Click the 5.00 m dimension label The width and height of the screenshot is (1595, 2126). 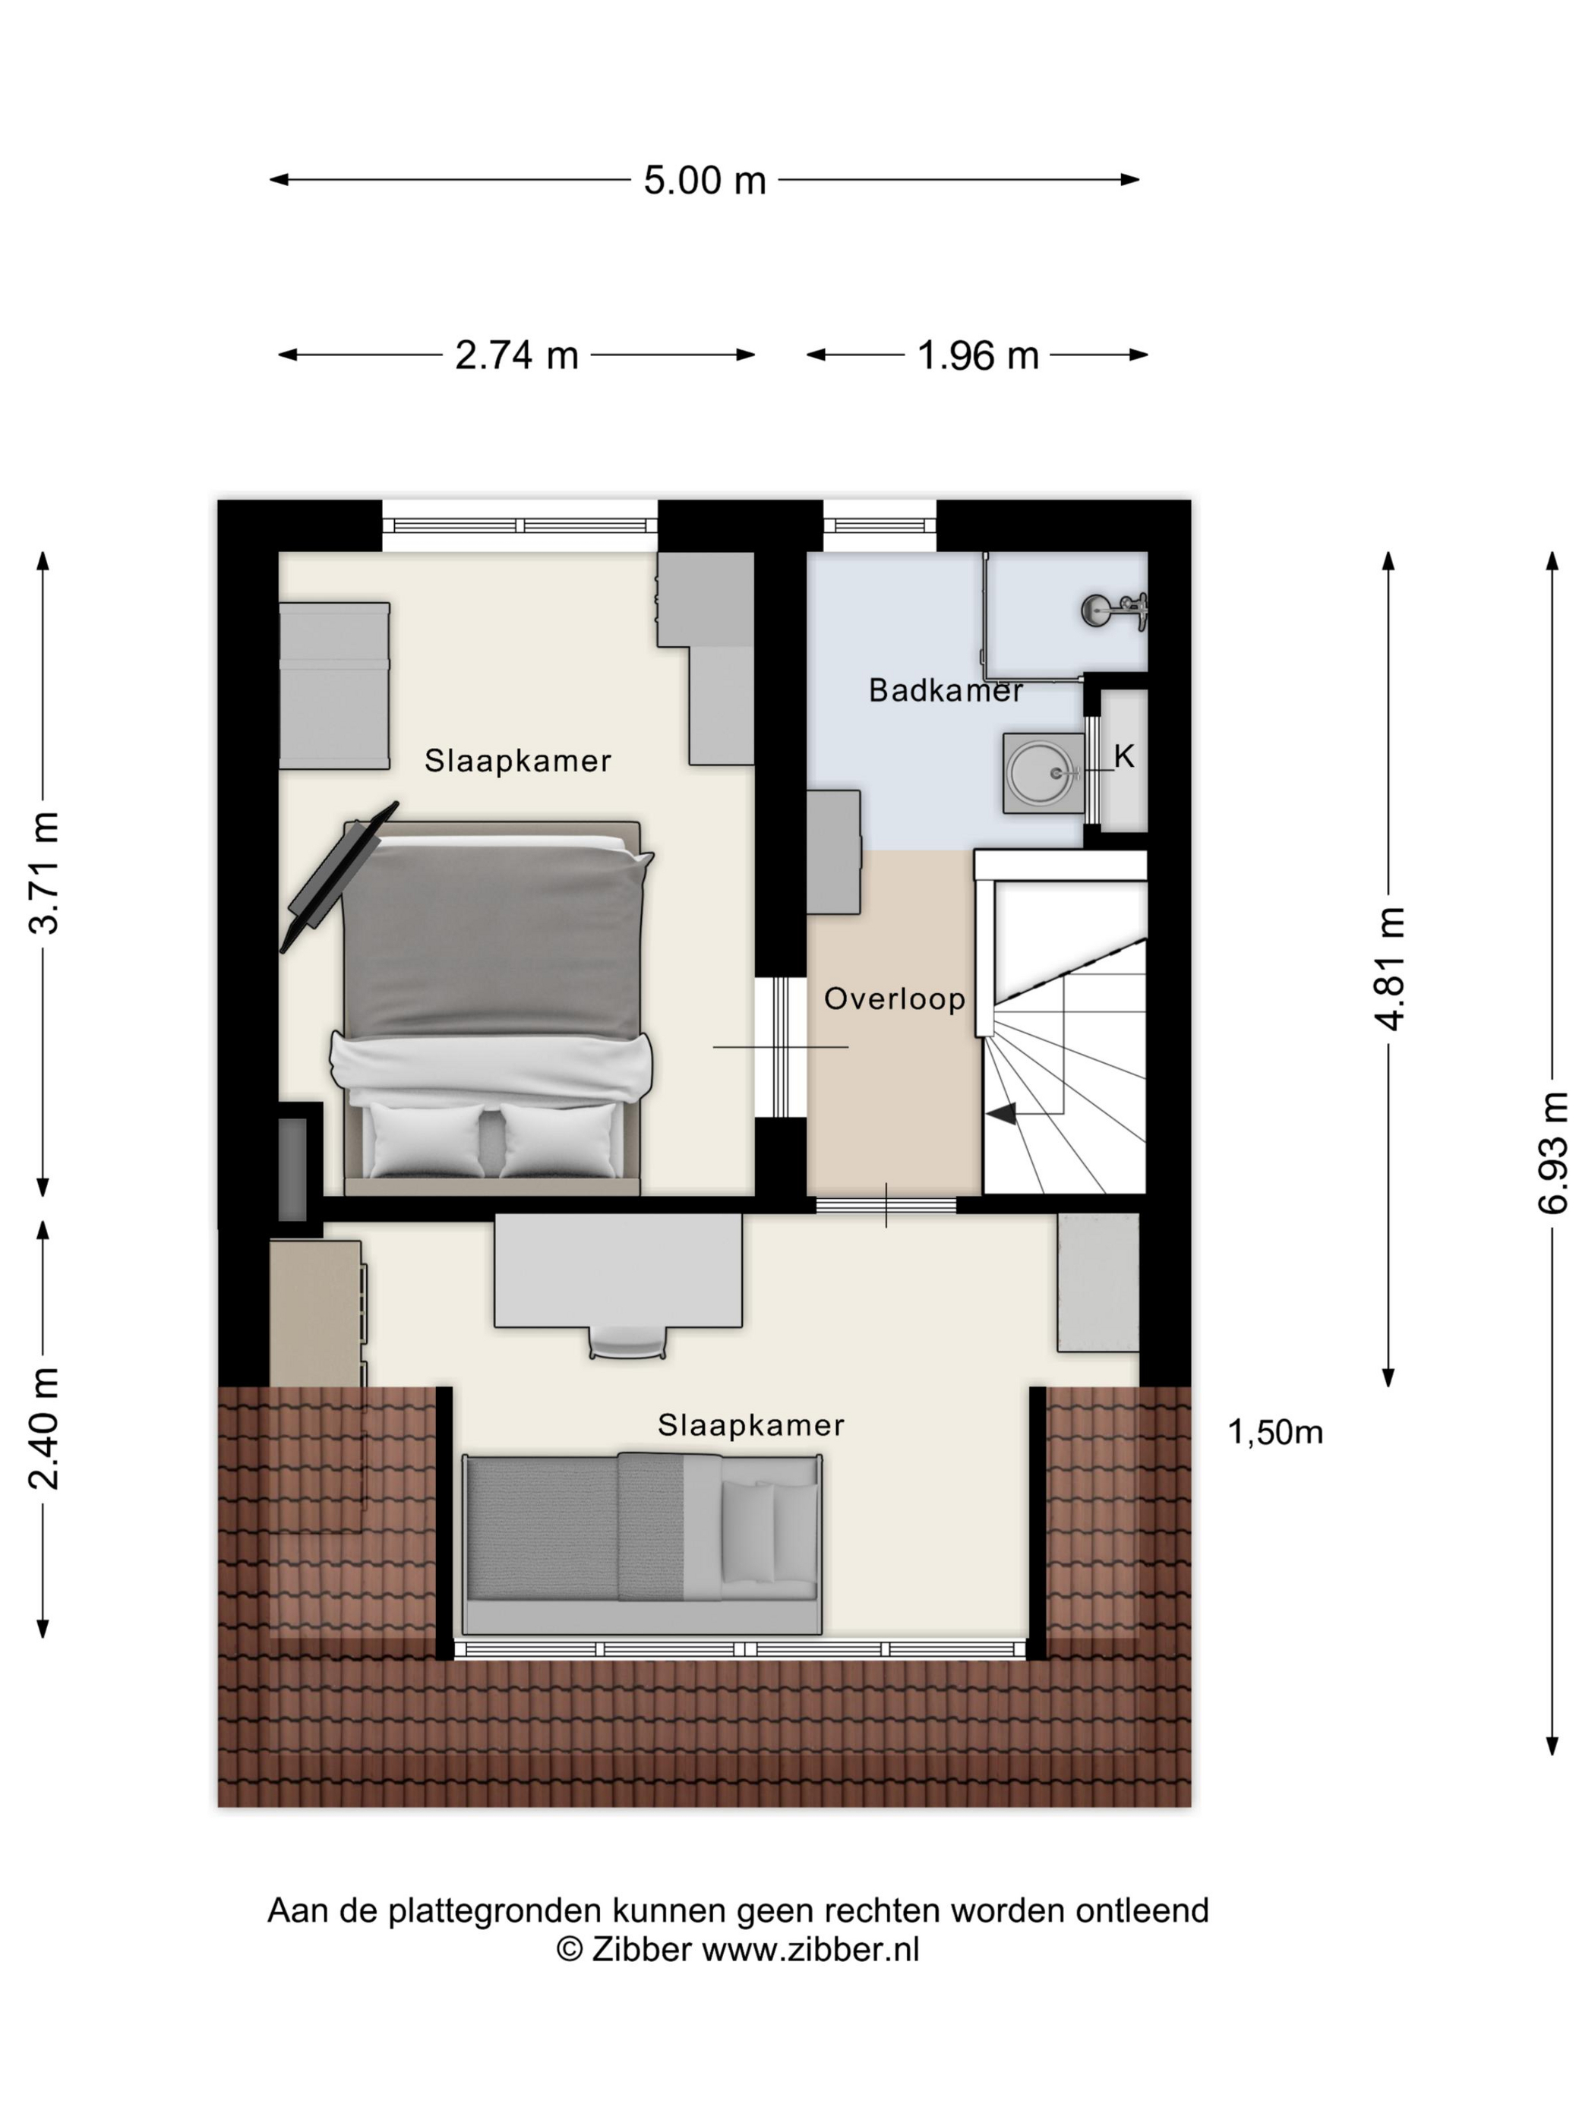704,180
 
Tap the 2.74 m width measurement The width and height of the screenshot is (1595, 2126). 516,355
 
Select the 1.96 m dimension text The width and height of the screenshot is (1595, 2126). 978,355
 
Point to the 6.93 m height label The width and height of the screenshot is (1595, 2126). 1552,1153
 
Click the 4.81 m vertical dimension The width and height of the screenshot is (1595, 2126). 1390,968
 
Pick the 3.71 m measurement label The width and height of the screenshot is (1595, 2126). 44,872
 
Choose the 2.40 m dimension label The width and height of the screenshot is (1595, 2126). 44,1428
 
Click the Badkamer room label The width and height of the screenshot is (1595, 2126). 945,690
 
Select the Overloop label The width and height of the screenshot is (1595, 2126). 894,998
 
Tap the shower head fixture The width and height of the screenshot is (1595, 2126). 1115,610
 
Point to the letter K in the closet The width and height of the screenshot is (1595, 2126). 1124,756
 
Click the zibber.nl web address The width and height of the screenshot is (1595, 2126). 810,1949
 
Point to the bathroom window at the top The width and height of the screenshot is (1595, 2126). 880,525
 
